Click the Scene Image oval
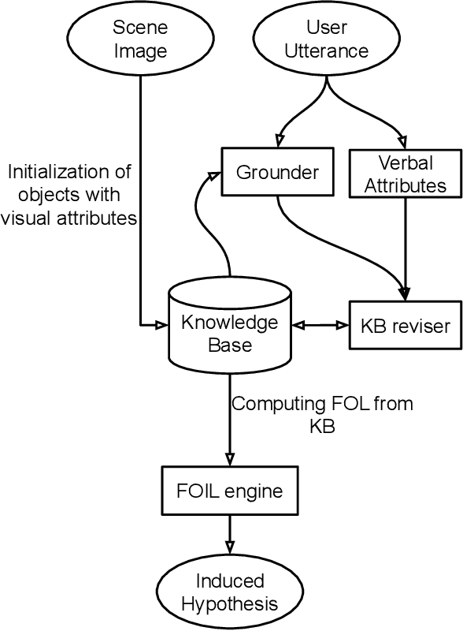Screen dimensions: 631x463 coord(141,40)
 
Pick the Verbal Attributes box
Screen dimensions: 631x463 coord(404,174)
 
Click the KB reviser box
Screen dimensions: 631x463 coord(404,324)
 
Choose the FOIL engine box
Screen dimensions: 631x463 coord(229,491)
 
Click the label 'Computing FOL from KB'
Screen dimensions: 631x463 coord(321,415)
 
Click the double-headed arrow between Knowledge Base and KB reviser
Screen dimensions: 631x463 coord(320,324)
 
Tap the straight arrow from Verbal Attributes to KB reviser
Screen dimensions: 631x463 coord(405,245)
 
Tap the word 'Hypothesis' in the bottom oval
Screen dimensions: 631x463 coord(229,604)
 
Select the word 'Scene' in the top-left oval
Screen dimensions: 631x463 coord(141,28)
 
